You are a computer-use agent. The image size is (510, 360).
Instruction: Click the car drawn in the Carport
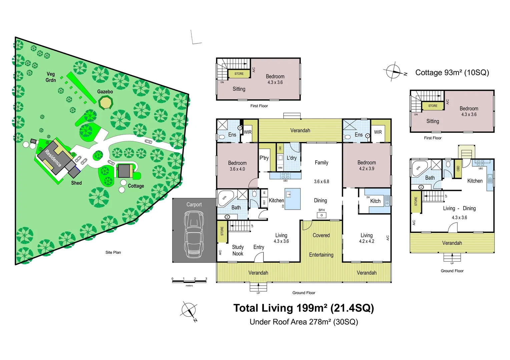(194, 235)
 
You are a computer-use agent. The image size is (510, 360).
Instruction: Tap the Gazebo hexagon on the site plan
(106, 102)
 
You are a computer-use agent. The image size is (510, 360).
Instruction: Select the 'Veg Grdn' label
(51, 77)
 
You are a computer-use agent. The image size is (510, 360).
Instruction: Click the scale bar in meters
(189, 282)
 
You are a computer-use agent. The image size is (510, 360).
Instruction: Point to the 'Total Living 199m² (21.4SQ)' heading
(304, 308)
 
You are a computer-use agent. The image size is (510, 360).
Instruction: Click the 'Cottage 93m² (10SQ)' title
(452, 73)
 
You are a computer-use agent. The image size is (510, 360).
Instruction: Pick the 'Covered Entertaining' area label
(321, 245)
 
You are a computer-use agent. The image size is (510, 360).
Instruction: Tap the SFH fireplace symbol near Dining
(322, 215)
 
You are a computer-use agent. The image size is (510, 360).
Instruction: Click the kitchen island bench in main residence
(293, 199)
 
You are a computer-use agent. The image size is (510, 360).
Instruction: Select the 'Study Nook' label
(238, 250)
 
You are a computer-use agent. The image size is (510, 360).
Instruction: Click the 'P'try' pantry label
(264, 158)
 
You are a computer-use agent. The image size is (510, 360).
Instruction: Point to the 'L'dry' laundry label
(292, 158)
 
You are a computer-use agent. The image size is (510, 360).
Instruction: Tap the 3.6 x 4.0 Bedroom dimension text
(237, 169)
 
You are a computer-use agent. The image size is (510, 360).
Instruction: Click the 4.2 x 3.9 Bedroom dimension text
(367, 169)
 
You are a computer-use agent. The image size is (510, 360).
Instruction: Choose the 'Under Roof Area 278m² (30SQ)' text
(304, 322)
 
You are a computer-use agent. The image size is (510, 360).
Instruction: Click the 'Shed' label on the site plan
(76, 183)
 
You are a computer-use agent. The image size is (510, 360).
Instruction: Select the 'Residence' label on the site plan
(53, 158)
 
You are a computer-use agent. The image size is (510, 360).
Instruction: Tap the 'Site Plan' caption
(113, 252)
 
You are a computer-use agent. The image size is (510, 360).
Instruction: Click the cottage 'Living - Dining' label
(459, 208)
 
